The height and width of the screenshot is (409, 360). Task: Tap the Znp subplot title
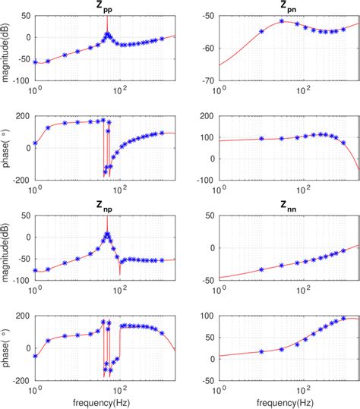(x=107, y=206)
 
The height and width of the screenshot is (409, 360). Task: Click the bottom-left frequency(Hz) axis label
(x=106, y=400)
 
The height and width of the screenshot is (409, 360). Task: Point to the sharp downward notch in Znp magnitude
(x=119, y=272)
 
